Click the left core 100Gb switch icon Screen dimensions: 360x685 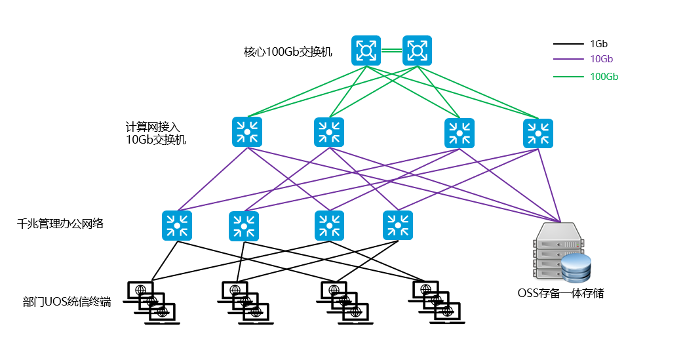[x=366, y=50]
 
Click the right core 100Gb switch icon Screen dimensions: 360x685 [x=417, y=50]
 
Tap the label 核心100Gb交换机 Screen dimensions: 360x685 [x=288, y=52]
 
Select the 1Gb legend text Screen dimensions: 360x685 [x=598, y=44]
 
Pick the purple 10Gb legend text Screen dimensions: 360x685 [x=601, y=59]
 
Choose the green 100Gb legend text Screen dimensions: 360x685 [x=604, y=77]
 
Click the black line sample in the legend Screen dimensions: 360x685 [x=568, y=45]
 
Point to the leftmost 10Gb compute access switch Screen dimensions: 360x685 [x=247, y=132]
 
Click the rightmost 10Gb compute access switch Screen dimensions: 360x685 [x=538, y=133]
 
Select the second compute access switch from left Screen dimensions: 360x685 [x=329, y=132]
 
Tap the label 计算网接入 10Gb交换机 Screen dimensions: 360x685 [x=156, y=133]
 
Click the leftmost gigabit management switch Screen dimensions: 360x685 [x=177, y=225]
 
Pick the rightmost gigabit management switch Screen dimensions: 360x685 [x=398, y=225]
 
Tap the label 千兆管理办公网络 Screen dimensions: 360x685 [x=60, y=224]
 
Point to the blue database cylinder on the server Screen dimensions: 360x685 [x=577, y=268]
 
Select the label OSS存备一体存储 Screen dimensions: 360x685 [x=560, y=294]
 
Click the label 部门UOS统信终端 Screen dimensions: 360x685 [x=67, y=302]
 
